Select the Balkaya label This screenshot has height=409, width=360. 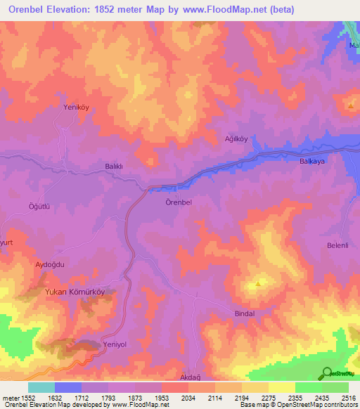pos(304,160)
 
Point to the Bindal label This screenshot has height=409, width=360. pos(247,312)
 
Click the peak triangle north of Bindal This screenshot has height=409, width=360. pos(259,284)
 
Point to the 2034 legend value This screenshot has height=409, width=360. pos(188,398)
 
